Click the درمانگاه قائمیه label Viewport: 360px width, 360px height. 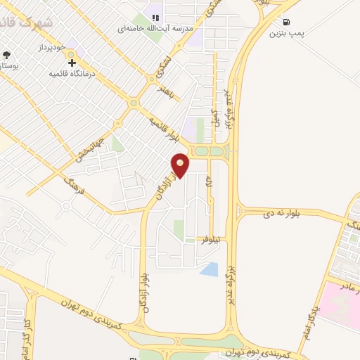[x=72, y=73]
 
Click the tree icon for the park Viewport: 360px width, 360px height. [x=6, y=54]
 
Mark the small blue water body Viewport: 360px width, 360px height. [x=209, y=268]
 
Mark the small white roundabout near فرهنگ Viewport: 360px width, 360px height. [x=65, y=207]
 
